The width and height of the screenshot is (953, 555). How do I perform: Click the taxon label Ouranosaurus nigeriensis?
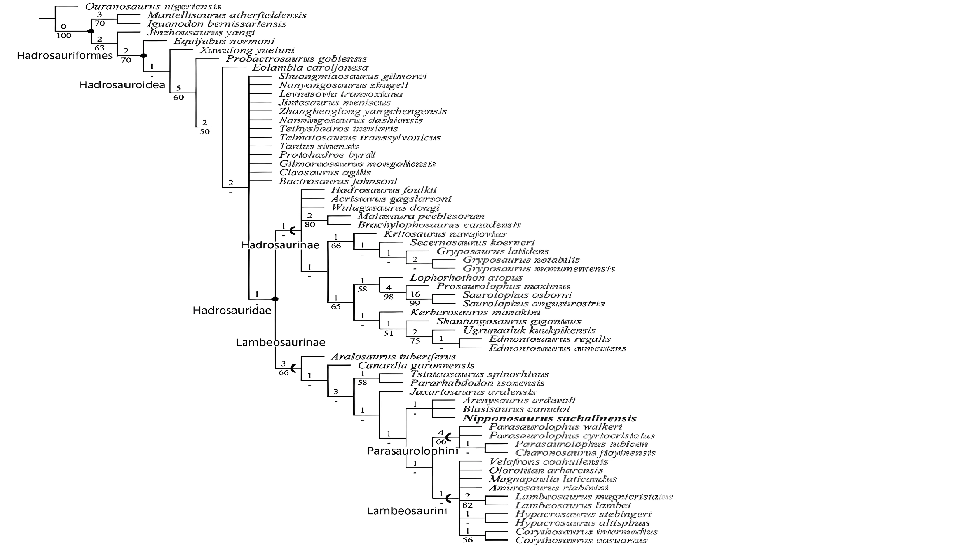click(x=153, y=7)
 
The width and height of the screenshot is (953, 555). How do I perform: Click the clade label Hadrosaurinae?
click(x=280, y=245)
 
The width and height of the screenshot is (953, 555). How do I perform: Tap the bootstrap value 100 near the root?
click(x=64, y=36)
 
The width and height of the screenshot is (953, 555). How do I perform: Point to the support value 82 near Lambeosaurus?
click(x=467, y=505)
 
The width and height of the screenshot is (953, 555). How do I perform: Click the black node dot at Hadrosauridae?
click(x=275, y=299)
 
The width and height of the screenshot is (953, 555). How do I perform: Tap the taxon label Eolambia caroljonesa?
click(x=310, y=68)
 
